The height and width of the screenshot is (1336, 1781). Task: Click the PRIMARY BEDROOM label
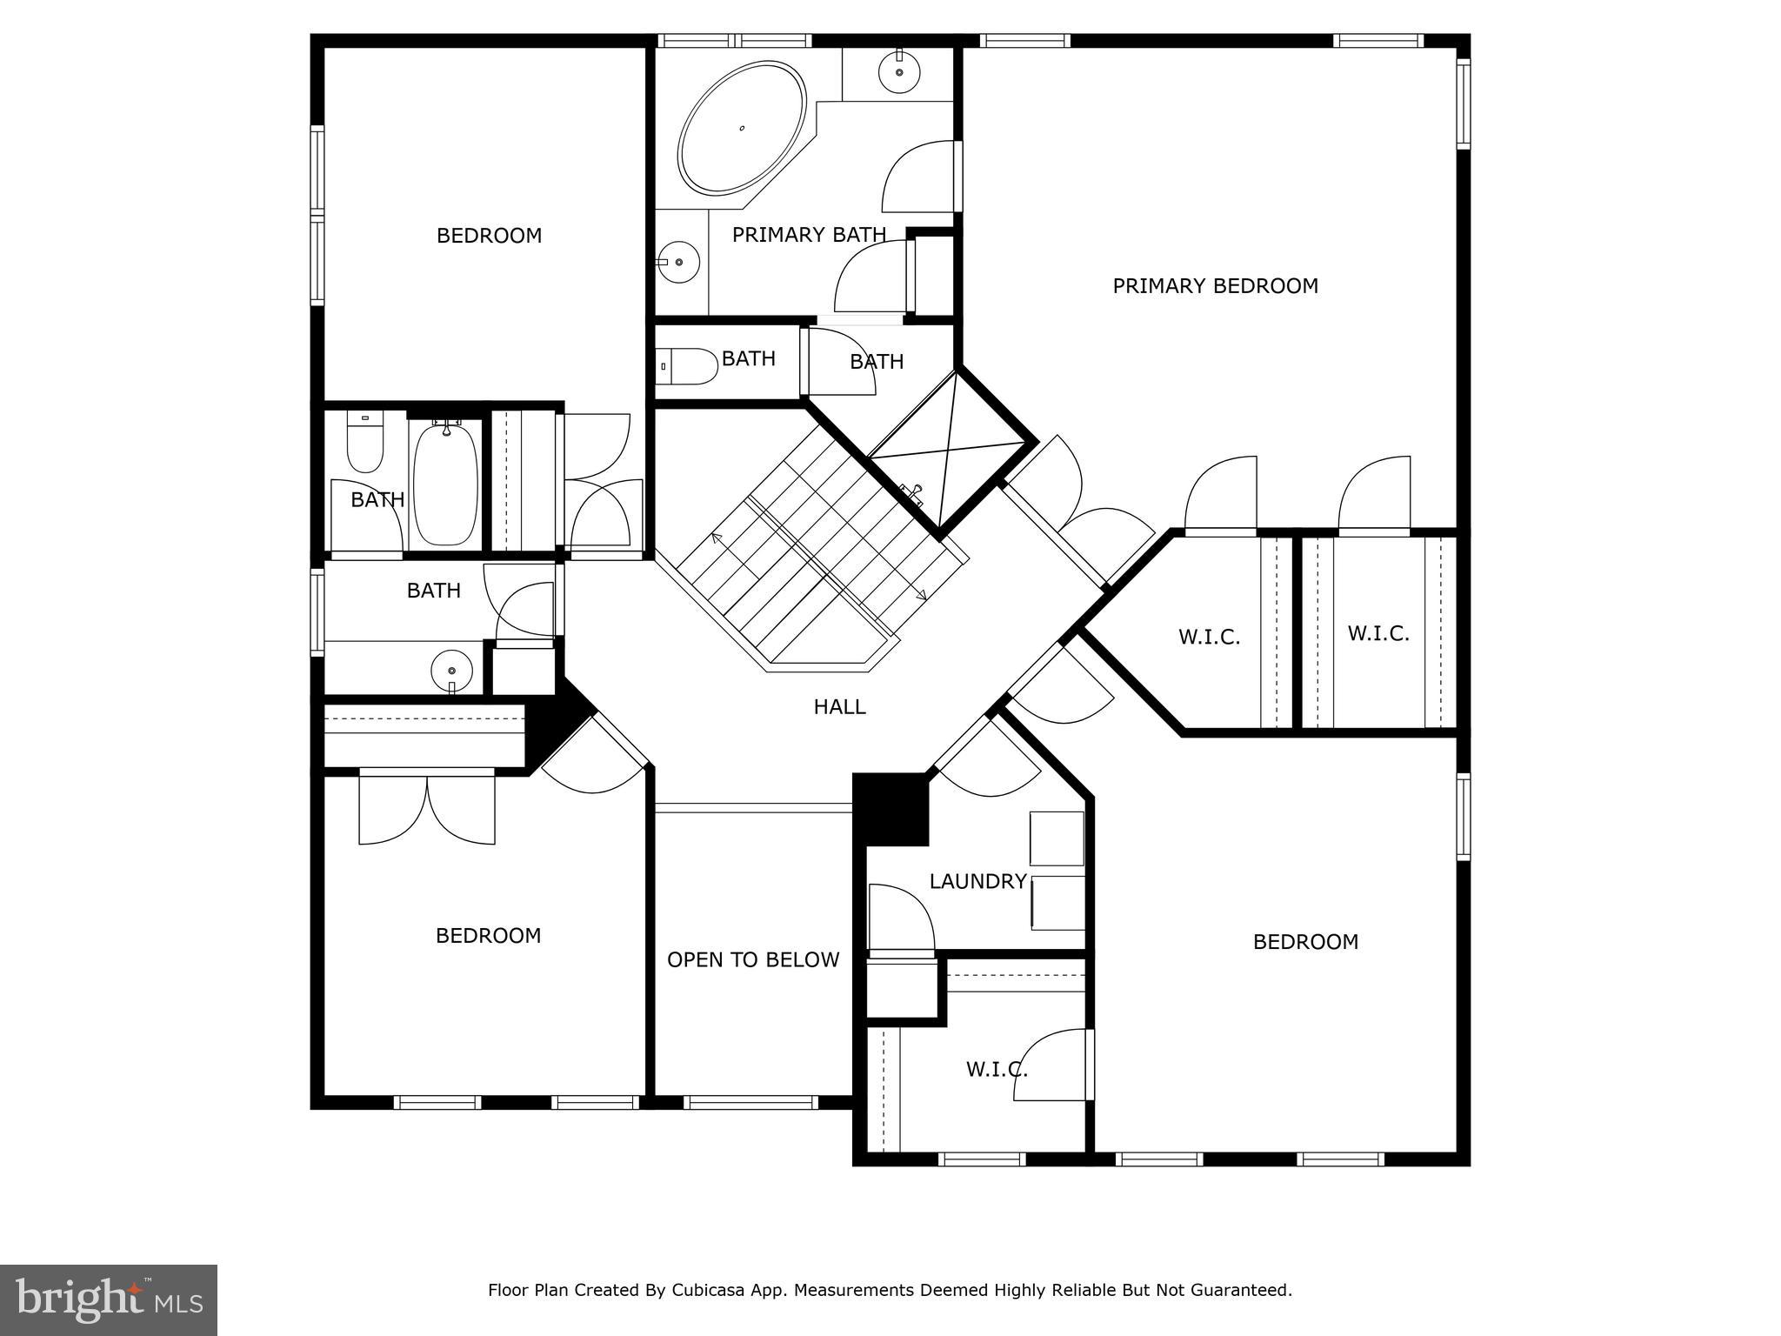point(1215,286)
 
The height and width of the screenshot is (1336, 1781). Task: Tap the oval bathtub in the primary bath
point(742,128)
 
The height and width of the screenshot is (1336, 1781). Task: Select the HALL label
point(839,707)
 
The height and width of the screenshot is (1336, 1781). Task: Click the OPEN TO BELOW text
point(753,959)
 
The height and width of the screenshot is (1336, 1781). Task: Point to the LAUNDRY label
point(977,881)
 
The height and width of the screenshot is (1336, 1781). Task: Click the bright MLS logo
point(109,1299)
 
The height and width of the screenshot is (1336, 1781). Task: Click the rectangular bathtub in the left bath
point(445,483)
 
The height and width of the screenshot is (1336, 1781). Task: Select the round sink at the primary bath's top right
point(899,72)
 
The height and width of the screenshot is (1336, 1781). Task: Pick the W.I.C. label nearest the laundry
point(997,1069)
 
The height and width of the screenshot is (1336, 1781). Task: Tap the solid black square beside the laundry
point(891,809)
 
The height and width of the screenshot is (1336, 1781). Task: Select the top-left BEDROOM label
point(489,236)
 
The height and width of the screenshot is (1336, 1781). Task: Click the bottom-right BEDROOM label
point(1305,942)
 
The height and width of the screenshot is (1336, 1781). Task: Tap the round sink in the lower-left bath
point(452,671)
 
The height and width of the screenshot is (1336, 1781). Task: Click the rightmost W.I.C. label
point(1378,633)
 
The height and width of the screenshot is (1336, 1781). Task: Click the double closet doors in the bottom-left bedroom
point(427,809)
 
